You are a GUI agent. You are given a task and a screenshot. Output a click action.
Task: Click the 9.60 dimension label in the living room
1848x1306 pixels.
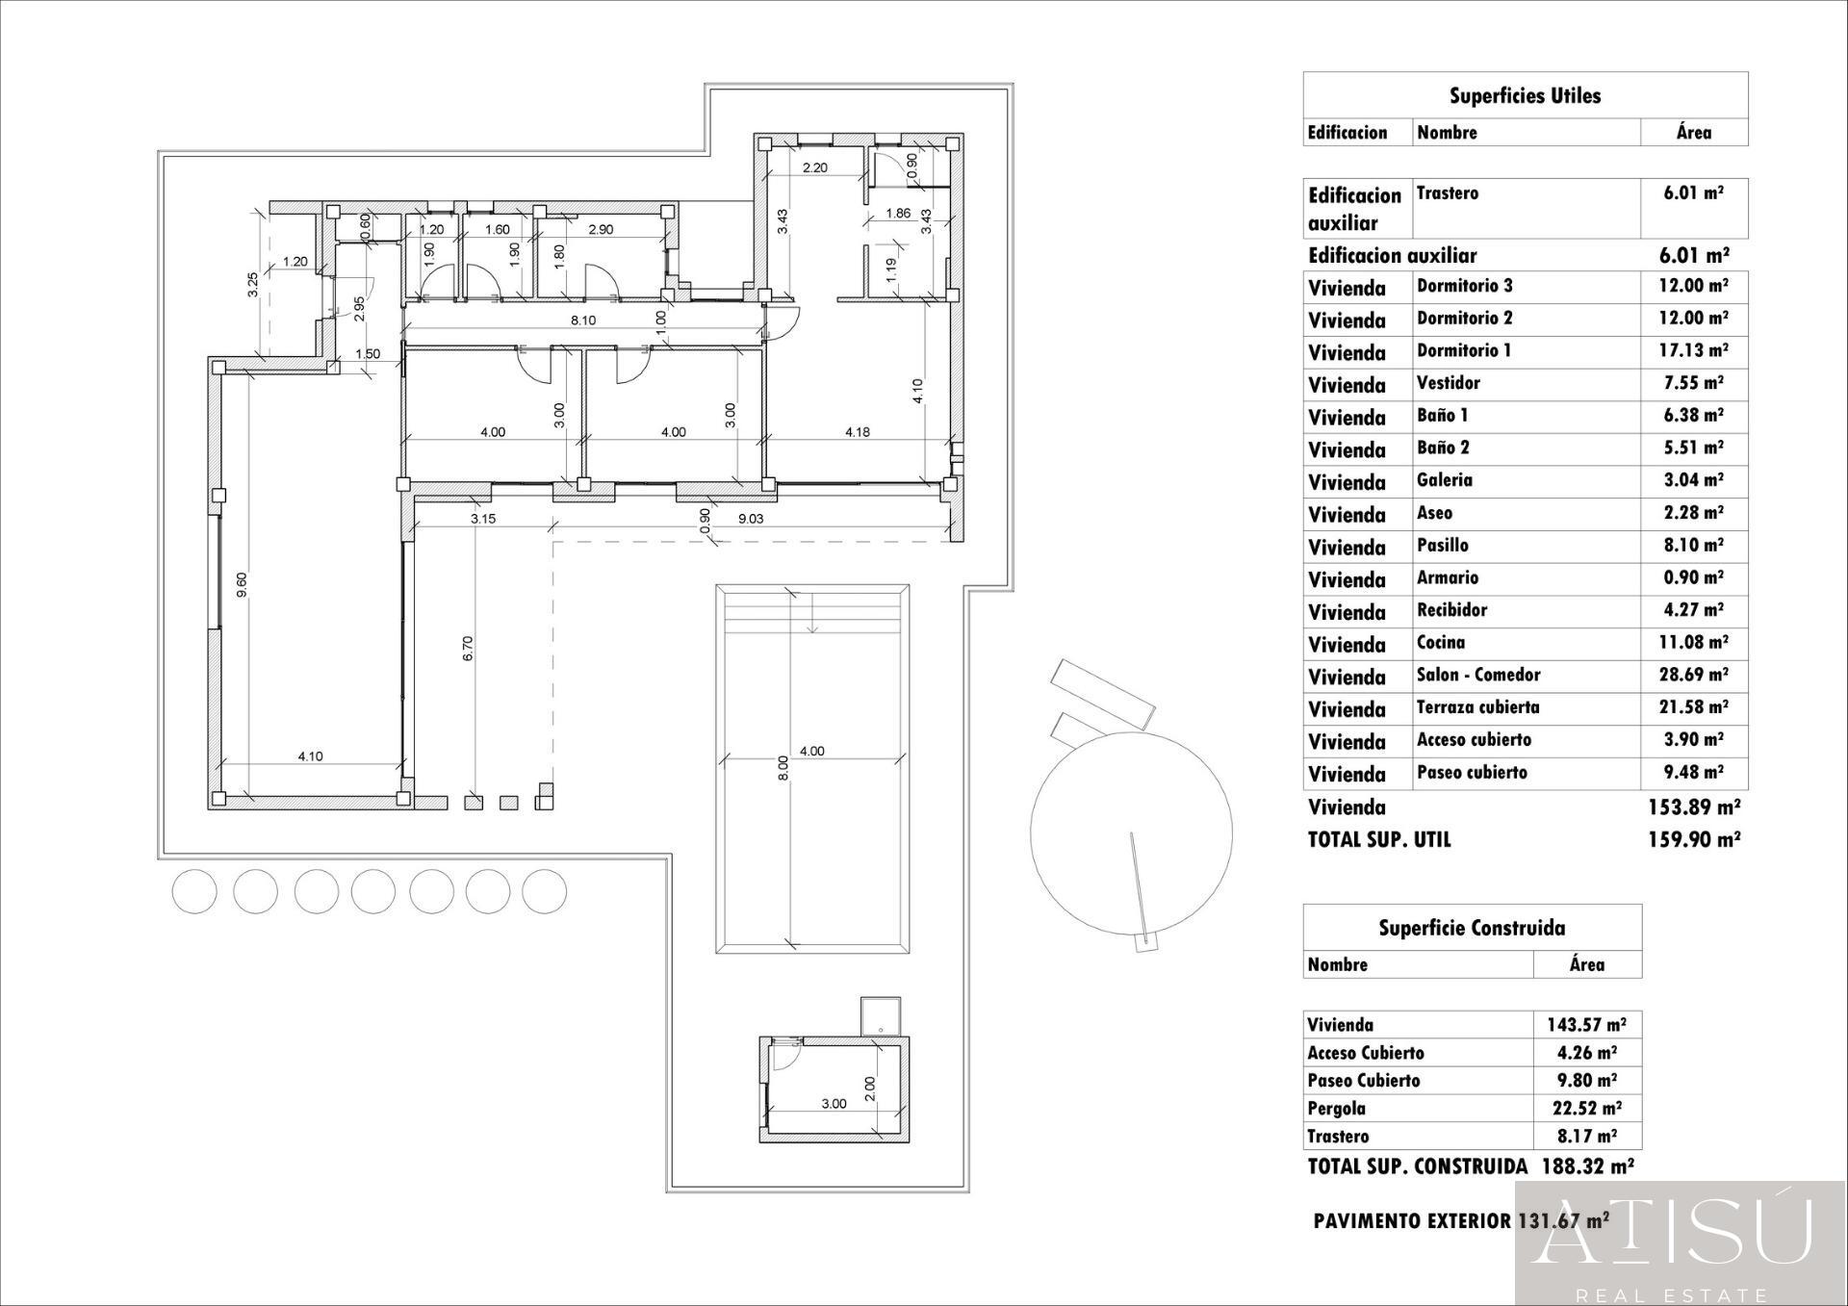[242, 584]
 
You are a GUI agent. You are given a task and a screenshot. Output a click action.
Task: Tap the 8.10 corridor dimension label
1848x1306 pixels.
[582, 320]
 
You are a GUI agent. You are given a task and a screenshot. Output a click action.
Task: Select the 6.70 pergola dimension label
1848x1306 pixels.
[468, 648]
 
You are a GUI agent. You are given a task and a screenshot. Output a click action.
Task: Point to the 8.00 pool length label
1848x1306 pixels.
[783, 767]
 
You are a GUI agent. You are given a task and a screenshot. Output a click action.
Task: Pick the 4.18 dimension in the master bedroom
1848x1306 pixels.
[857, 432]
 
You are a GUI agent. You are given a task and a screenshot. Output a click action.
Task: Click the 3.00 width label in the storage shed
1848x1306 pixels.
[834, 1103]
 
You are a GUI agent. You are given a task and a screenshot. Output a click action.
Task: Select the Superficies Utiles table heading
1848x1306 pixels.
[1525, 95]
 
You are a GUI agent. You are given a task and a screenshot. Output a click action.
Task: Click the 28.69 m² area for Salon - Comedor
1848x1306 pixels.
[1693, 675]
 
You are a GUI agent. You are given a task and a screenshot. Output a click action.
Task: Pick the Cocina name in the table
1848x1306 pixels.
[1441, 642]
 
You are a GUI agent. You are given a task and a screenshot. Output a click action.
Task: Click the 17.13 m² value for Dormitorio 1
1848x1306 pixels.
[1693, 350]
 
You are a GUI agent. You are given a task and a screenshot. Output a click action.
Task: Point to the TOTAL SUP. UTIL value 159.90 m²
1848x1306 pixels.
[1693, 839]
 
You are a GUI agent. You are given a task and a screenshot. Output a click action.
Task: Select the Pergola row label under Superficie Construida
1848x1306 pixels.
[1336, 1108]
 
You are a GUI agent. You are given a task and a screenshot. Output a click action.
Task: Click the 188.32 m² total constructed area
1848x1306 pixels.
[1587, 1166]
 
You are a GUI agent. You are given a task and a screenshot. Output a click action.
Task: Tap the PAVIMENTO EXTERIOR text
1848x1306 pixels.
[1412, 1221]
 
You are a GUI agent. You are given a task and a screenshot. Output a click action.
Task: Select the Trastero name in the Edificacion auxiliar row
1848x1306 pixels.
[1447, 193]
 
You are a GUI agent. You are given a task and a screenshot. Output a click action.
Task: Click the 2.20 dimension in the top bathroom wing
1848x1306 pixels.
[814, 167]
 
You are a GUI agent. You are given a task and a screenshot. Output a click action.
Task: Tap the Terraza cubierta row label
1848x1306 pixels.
[1477, 707]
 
